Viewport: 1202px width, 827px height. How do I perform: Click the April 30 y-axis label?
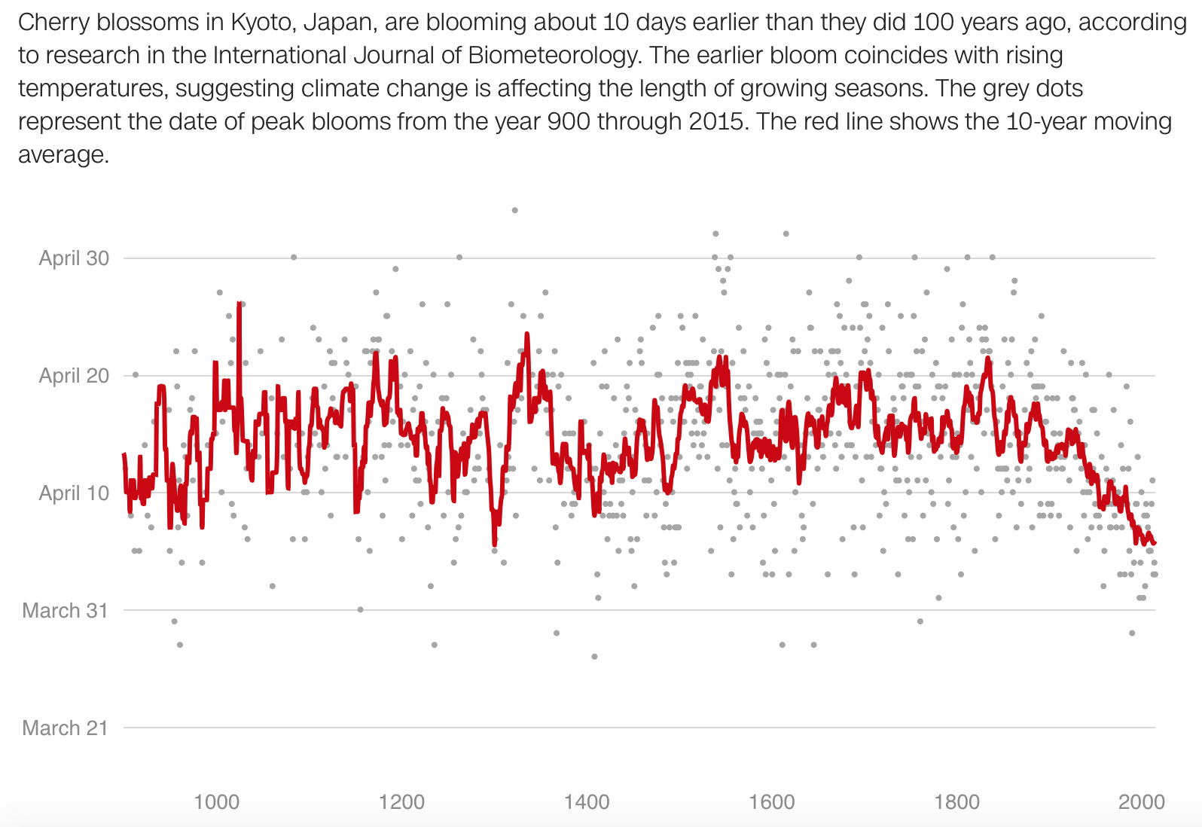click(74, 258)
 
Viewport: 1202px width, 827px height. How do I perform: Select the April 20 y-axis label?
click(74, 376)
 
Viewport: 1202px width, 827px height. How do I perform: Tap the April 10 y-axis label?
click(74, 493)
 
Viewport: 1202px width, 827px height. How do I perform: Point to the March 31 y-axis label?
click(66, 611)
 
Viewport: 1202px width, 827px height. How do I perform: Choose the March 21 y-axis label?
click(66, 728)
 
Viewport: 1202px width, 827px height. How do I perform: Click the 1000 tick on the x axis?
click(216, 802)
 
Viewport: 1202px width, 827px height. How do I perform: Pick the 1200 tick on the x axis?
click(401, 802)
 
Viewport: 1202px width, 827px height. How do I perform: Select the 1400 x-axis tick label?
click(587, 802)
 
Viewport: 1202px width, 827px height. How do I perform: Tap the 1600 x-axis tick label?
click(772, 802)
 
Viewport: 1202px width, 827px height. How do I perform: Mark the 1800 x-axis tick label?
click(957, 802)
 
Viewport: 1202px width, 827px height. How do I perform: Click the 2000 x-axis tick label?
click(1142, 802)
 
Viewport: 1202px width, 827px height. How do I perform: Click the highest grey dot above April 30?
click(515, 210)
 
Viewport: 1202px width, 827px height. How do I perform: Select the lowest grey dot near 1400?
click(594, 657)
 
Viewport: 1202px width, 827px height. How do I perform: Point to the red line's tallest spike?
click(239, 304)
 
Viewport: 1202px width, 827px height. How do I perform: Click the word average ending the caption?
click(63, 155)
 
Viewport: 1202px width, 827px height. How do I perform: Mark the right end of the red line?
click(1154, 543)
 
